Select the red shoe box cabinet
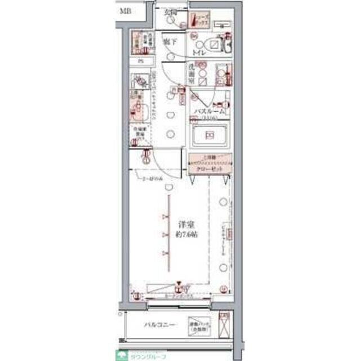pyautogui.click(x=201, y=21)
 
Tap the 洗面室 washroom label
pyautogui.click(x=192, y=74)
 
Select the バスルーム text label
pyautogui.click(x=209, y=112)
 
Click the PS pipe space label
pyautogui.click(x=141, y=61)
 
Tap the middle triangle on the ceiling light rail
pyautogui.click(x=166, y=234)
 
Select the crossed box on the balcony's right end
pyautogui.click(x=224, y=327)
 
